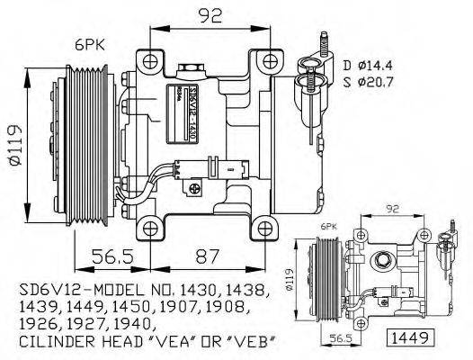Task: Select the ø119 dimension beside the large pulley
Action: pos(11,139)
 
